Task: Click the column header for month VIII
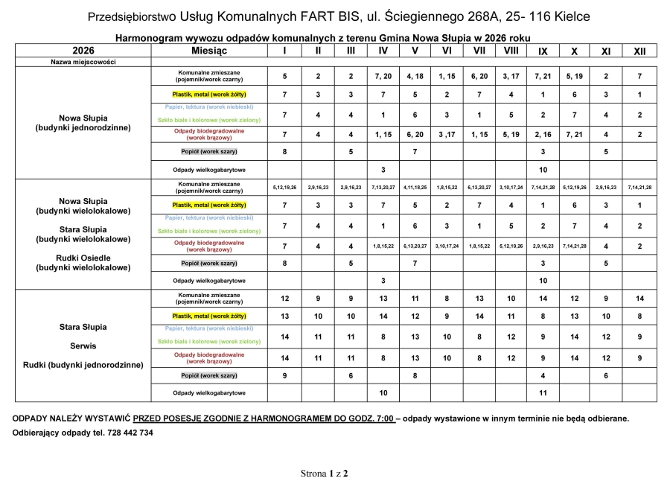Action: (x=511, y=51)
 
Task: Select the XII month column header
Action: (x=639, y=51)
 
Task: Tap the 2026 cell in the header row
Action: (x=83, y=51)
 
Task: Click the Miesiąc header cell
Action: (x=209, y=51)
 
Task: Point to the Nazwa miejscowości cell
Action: (x=83, y=63)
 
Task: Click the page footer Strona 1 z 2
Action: (x=324, y=473)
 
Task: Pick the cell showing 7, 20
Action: (x=383, y=77)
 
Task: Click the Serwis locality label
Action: (x=83, y=346)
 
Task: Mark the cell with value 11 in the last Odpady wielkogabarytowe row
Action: (x=543, y=392)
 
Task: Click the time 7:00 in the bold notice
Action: (x=382, y=419)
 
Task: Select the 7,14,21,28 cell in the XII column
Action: (x=639, y=188)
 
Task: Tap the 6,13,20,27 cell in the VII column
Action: (x=479, y=188)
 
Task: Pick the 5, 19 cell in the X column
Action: (x=574, y=77)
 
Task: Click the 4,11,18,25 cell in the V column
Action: (x=415, y=188)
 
